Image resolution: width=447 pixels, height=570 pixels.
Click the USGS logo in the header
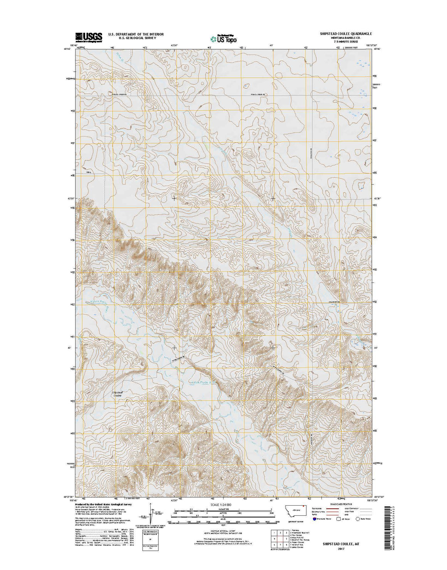click(89, 37)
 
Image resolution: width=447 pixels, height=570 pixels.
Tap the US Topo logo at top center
click(223, 38)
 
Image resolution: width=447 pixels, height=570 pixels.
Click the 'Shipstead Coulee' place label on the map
click(117, 394)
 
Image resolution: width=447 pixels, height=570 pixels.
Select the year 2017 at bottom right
click(339, 548)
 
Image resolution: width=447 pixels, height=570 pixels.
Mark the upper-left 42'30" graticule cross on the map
click(174, 198)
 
